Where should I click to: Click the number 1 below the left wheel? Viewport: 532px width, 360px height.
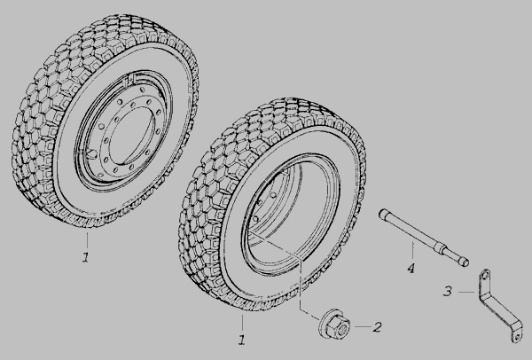click(85, 257)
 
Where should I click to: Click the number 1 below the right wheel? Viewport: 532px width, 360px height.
click(241, 340)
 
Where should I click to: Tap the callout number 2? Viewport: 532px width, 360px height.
click(377, 327)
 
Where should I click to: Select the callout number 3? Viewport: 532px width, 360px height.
click(448, 291)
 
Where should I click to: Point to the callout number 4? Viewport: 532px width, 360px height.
click(411, 269)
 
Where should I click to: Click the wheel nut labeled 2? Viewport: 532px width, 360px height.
click(334, 324)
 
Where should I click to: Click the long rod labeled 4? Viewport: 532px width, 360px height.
click(424, 238)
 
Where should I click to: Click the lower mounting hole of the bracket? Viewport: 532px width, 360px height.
click(516, 337)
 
